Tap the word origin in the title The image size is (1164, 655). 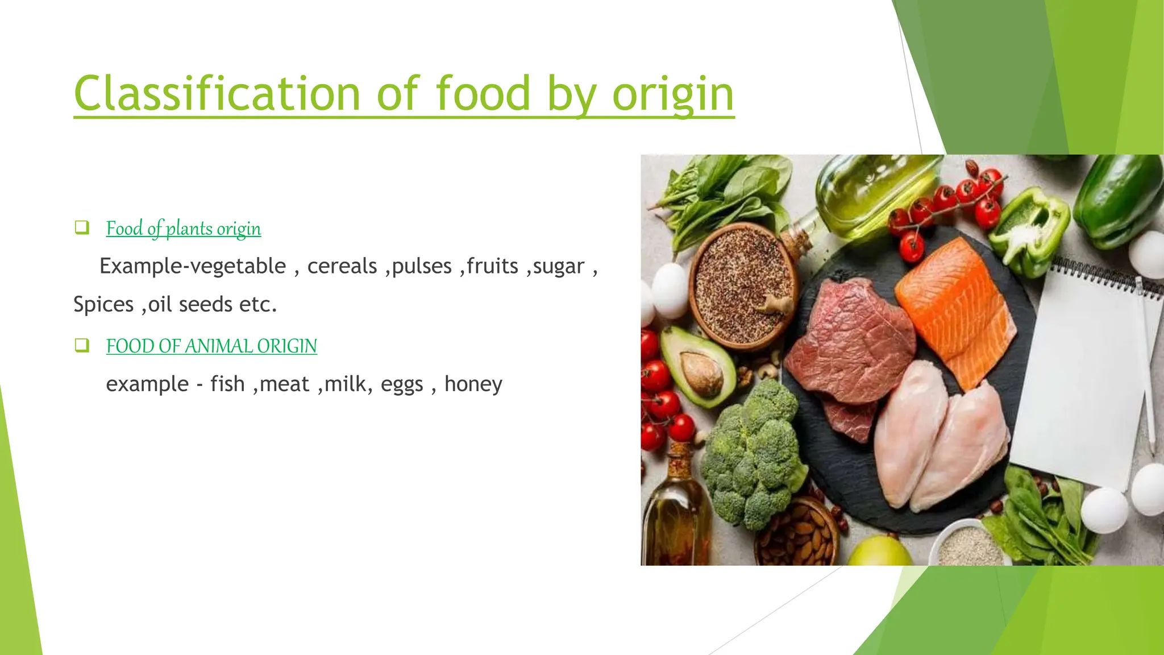coord(673,94)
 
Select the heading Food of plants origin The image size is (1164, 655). coord(183,229)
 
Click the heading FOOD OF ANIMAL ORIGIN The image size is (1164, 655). coord(211,346)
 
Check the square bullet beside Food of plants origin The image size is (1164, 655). coord(82,228)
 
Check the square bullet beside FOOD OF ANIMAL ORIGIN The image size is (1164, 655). coord(82,345)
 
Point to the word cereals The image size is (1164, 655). coord(342,266)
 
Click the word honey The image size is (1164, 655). coord(473,384)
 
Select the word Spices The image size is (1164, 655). coord(103,305)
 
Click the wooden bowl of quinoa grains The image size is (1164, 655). coord(742,284)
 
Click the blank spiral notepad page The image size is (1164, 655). coord(1080,375)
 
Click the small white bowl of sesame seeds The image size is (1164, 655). coord(969,546)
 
